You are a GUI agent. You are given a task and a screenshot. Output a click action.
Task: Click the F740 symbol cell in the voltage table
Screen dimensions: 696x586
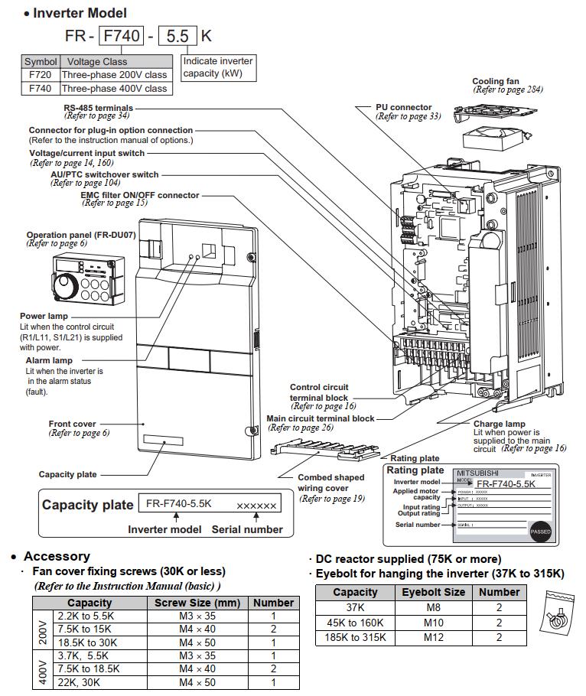point(40,89)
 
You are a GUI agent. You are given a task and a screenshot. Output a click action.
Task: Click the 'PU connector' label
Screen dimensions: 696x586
point(403,107)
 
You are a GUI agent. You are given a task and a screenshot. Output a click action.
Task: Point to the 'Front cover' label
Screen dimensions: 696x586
point(72,424)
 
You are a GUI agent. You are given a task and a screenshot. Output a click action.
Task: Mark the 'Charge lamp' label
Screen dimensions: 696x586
point(499,424)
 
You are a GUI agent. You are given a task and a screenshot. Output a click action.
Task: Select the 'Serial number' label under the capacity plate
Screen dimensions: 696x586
point(247,529)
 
